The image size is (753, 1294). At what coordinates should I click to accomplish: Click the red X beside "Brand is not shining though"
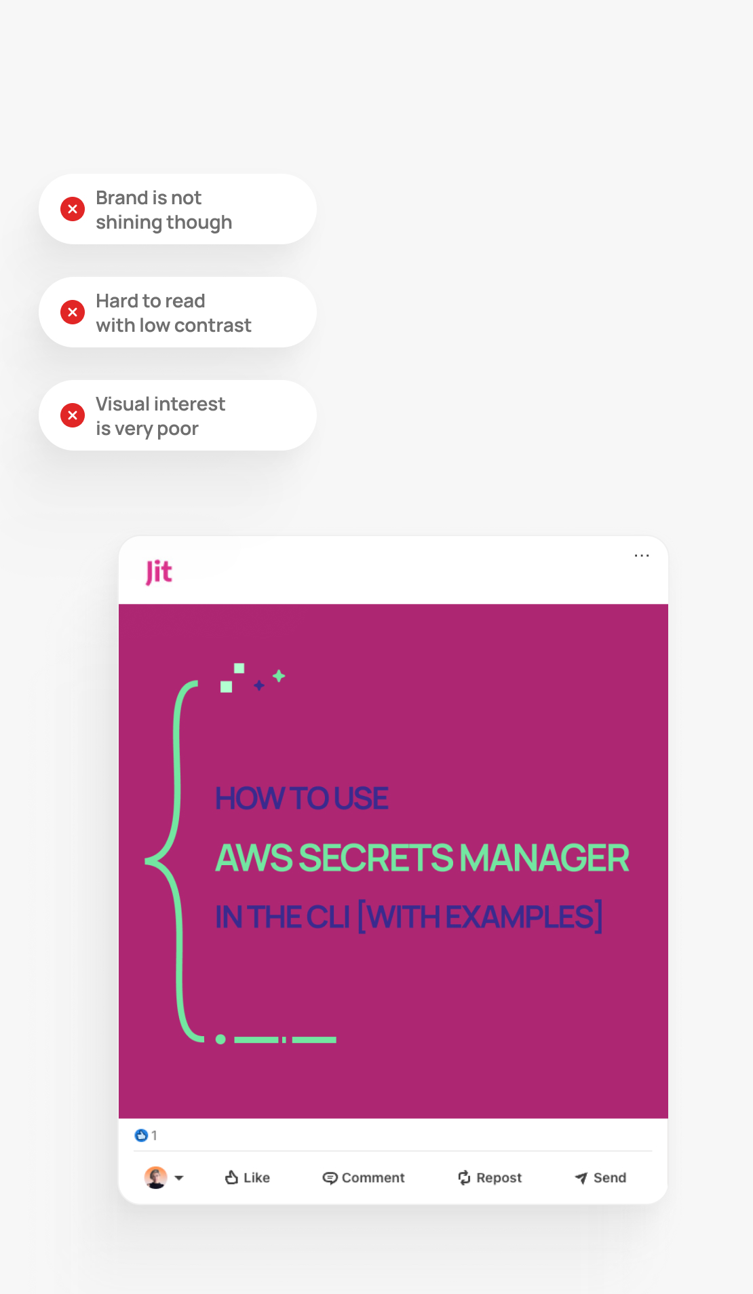73,209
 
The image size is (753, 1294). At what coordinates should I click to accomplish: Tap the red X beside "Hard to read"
73,312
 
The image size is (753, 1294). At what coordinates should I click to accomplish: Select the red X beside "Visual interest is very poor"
73,415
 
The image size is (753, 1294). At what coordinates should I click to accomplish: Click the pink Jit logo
159,572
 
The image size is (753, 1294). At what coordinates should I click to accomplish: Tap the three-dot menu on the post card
642,556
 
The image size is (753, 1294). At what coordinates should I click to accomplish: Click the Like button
248,1177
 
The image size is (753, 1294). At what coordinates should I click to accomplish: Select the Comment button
364,1177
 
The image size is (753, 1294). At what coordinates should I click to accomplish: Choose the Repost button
490,1177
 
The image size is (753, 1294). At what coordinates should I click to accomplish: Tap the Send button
600,1177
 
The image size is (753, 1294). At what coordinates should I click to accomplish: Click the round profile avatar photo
156,1177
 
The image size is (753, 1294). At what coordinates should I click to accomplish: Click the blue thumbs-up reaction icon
141,1135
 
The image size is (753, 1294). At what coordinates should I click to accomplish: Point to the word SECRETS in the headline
376,858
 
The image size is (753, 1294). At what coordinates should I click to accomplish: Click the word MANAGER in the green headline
544,858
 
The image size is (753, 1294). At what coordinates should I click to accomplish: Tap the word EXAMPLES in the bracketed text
520,917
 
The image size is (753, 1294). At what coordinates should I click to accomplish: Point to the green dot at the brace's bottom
220,1039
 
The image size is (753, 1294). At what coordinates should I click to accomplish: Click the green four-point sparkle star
279,676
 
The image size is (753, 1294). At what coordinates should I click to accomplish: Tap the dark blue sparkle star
258,685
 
